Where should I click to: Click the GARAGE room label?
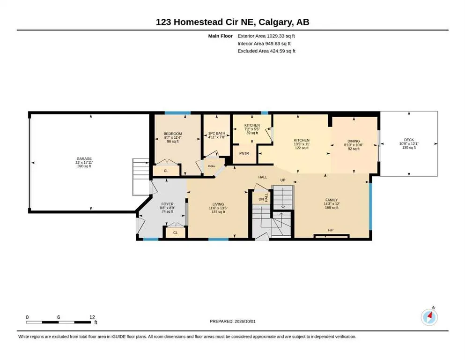click(84, 159)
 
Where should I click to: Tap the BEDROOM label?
click(173, 134)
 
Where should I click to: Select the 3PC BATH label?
click(216, 133)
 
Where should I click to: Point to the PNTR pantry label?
click(244, 153)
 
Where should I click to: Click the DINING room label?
click(354, 141)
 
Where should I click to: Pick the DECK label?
click(409, 140)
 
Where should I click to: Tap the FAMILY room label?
click(331, 200)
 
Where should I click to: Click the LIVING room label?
click(218, 204)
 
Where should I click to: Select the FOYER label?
click(167, 204)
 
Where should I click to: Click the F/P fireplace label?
click(331, 230)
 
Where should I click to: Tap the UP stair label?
click(283, 180)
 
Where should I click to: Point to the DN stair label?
click(261, 199)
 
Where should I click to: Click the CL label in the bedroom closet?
click(166, 171)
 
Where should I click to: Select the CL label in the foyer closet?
click(175, 232)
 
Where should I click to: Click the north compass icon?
click(429, 317)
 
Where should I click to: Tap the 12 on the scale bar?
click(92, 317)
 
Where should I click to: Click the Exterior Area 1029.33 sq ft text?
click(266, 36)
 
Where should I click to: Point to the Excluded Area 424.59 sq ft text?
click(266, 51)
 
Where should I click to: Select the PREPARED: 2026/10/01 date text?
click(232, 321)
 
